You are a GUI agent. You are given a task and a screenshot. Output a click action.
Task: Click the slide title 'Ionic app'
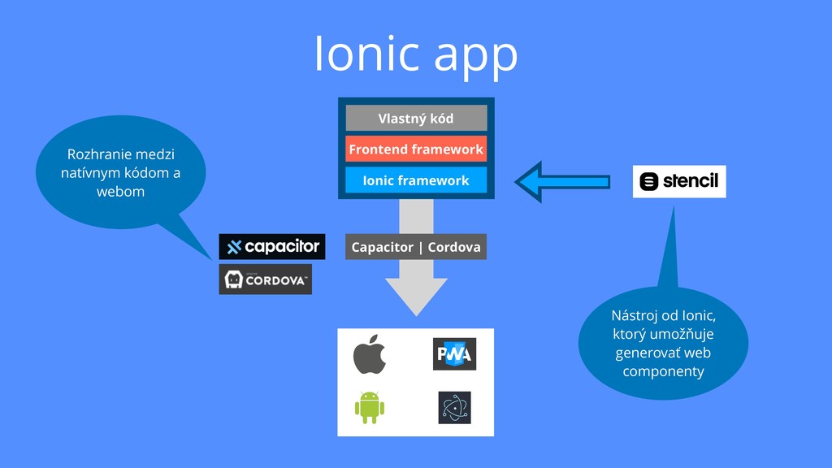(416, 54)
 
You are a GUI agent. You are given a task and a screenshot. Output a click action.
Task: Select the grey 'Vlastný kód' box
(416, 119)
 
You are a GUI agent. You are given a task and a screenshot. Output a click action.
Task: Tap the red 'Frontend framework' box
(416, 149)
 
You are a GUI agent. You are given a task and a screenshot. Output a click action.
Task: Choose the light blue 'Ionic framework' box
(416, 180)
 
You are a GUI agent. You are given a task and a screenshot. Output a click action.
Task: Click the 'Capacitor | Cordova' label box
(416, 247)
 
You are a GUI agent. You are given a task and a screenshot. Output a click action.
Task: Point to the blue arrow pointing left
(562, 180)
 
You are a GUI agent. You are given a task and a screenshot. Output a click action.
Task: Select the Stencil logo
(679, 181)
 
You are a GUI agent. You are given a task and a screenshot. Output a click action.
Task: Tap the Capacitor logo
(272, 247)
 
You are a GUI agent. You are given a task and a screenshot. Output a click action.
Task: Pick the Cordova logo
(266, 279)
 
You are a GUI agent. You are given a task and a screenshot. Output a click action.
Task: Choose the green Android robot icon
(369, 407)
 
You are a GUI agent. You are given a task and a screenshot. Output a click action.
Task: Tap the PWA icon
(454, 354)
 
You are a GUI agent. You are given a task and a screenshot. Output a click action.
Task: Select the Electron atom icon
(454, 407)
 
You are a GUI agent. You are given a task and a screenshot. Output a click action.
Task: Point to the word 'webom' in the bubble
(121, 192)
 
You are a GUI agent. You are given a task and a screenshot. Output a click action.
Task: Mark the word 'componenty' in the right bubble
(663, 371)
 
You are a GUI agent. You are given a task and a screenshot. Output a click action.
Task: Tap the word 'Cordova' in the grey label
(454, 247)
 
